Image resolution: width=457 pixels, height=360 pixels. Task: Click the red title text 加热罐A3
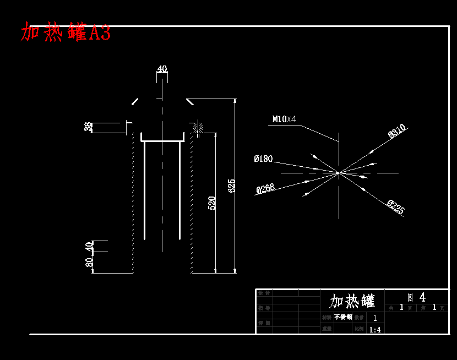66,32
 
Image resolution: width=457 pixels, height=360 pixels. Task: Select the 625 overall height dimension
232,186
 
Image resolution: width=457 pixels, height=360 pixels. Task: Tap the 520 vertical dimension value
212,203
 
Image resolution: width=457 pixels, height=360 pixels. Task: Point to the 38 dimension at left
88,127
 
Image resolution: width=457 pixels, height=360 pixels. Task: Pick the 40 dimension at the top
162,69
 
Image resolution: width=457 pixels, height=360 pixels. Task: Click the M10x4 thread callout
284,119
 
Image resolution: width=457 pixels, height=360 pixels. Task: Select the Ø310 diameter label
397,131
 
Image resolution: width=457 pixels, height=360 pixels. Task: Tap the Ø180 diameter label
263,159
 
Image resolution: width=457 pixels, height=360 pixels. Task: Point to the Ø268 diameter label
265,189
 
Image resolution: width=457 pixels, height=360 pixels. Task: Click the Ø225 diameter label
396,207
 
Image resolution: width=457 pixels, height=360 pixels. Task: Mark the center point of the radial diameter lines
339,173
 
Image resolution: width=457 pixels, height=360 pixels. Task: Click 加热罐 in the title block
352,301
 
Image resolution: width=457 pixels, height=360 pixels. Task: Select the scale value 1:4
375,330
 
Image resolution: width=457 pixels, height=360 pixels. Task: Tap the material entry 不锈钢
342,317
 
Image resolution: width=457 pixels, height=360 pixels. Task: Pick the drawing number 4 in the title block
422,297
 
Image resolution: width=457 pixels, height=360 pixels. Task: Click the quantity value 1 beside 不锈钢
375,318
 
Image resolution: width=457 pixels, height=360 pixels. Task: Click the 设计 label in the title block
265,293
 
